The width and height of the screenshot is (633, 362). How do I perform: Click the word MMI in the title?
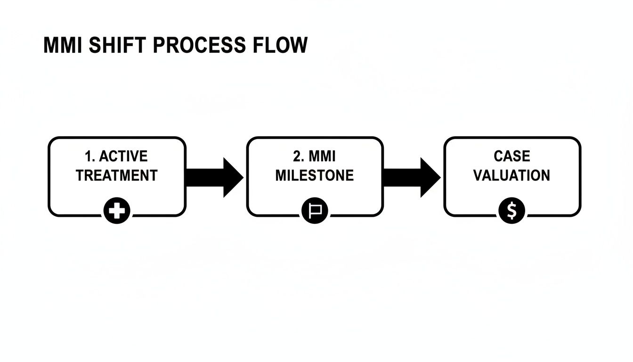(x=63, y=45)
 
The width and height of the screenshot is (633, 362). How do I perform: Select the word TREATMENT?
(x=116, y=176)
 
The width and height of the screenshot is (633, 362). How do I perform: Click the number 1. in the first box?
(x=90, y=156)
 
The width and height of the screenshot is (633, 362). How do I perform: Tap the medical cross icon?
(x=117, y=211)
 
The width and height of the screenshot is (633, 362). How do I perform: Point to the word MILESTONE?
(x=314, y=176)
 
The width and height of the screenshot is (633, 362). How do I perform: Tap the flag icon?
(x=314, y=211)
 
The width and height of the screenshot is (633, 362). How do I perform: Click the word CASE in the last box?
(x=512, y=156)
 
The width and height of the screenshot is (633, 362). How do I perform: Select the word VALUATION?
(x=511, y=176)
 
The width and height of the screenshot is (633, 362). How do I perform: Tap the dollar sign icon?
(x=512, y=211)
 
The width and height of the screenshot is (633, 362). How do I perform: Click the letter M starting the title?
(x=50, y=45)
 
